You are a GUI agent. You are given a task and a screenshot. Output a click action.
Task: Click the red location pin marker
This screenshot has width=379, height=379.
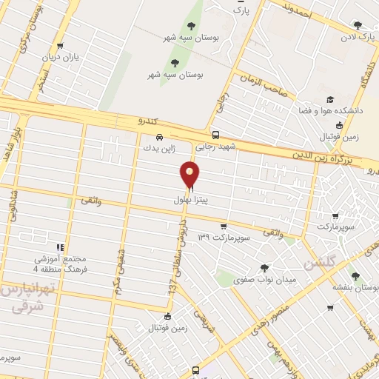point(190,175)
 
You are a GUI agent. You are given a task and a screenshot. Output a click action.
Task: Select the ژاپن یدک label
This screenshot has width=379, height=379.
point(161,149)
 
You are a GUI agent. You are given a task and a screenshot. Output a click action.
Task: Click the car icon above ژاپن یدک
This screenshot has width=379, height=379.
point(161,137)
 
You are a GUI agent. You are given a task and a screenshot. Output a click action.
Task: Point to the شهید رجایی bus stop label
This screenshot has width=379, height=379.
point(216,147)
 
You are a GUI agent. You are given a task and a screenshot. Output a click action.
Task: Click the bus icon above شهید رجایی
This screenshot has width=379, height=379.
point(216,135)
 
